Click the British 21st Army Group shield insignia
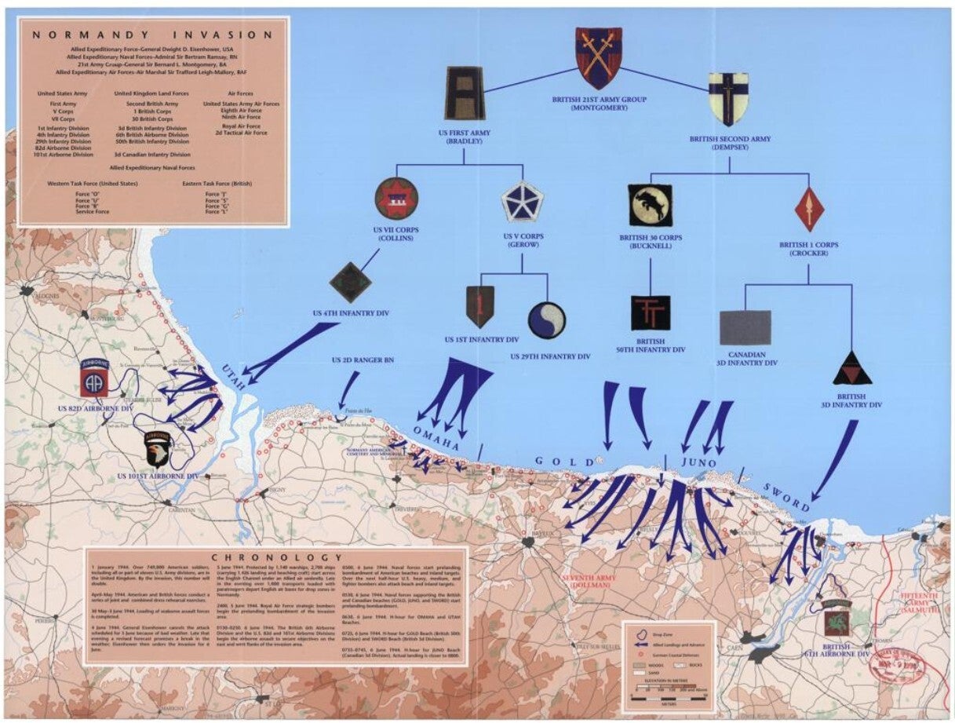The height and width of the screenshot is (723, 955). pos(598,57)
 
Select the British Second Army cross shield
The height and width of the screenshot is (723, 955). pos(727,99)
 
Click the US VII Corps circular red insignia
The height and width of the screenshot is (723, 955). pos(396,198)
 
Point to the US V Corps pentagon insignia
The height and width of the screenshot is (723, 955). pos(523,201)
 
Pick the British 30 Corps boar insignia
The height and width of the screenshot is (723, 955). pos(651,206)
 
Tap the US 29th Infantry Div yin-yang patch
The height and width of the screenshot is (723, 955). pos(547,321)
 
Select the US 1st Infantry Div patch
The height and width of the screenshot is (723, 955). pos(479,306)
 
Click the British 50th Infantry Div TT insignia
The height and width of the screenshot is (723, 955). pos(651,313)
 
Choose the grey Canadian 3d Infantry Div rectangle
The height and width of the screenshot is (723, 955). pos(745,327)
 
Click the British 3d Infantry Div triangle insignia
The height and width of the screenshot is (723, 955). pos(852,369)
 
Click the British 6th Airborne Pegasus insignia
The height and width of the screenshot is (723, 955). pos(837,623)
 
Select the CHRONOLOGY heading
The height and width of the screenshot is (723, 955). pos(275,556)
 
